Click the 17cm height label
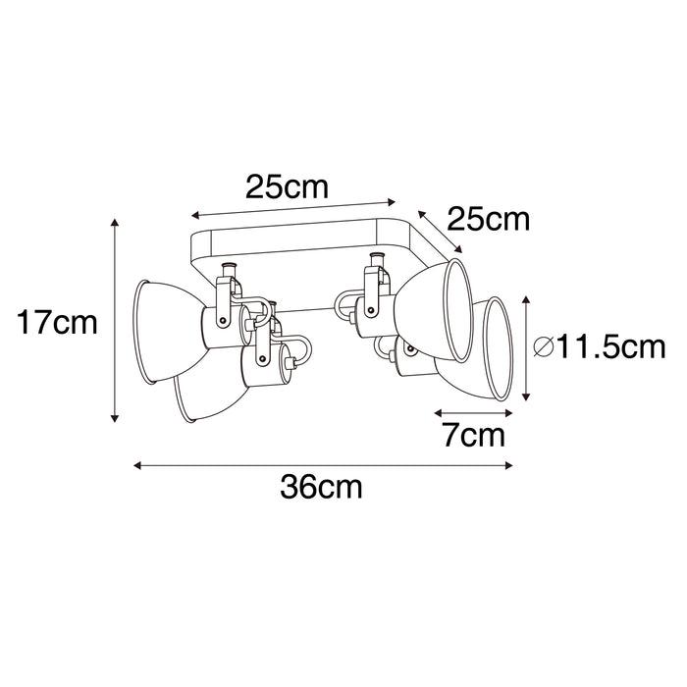coord(57,323)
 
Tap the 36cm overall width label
coord(322,487)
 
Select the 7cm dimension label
coord(474,435)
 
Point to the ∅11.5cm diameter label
coord(600,347)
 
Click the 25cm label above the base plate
coord(287,186)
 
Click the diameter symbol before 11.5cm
coord(544,347)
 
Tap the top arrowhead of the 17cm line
coord(115,222)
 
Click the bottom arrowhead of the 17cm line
coord(115,418)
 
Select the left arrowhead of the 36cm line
coord(137,465)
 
